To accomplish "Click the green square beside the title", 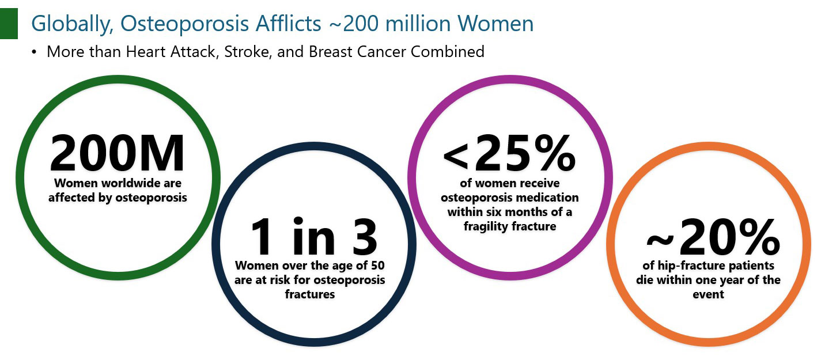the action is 9,24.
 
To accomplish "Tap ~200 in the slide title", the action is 354,24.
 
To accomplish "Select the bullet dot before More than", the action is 34,52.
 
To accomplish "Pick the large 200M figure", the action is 117,153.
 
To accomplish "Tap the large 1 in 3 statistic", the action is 314,237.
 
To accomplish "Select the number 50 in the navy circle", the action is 377,266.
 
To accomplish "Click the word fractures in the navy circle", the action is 310,294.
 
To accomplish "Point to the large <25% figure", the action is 509,153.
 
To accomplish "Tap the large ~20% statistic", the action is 713,237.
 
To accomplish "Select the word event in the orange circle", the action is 709,294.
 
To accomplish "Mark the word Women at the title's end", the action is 495,24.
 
